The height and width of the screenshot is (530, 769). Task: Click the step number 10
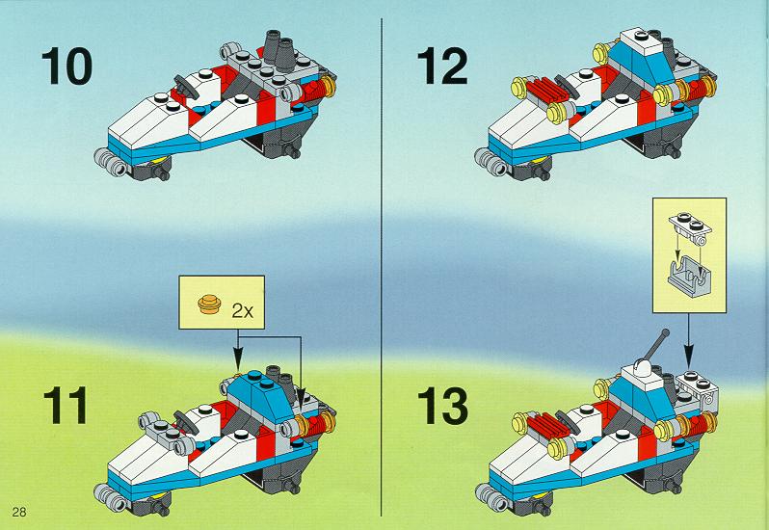point(66,66)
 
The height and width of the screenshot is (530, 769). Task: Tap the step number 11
point(66,406)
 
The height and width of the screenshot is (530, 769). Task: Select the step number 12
point(442,66)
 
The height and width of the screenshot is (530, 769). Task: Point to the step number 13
point(442,406)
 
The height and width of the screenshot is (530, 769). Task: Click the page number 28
point(19,513)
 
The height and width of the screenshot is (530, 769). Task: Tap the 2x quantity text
point(242,310)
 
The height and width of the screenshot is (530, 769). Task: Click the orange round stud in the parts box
point(209,304)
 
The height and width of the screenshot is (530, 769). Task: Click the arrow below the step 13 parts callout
point(689,337)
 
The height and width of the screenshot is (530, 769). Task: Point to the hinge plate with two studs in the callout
point(690,229)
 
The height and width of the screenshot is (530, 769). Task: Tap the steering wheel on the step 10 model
point(186,88)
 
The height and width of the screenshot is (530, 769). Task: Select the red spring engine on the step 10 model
point(317,91)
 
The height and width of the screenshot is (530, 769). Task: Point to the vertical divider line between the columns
point(381,267)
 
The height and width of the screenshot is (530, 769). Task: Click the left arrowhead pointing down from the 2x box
point(238,365)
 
